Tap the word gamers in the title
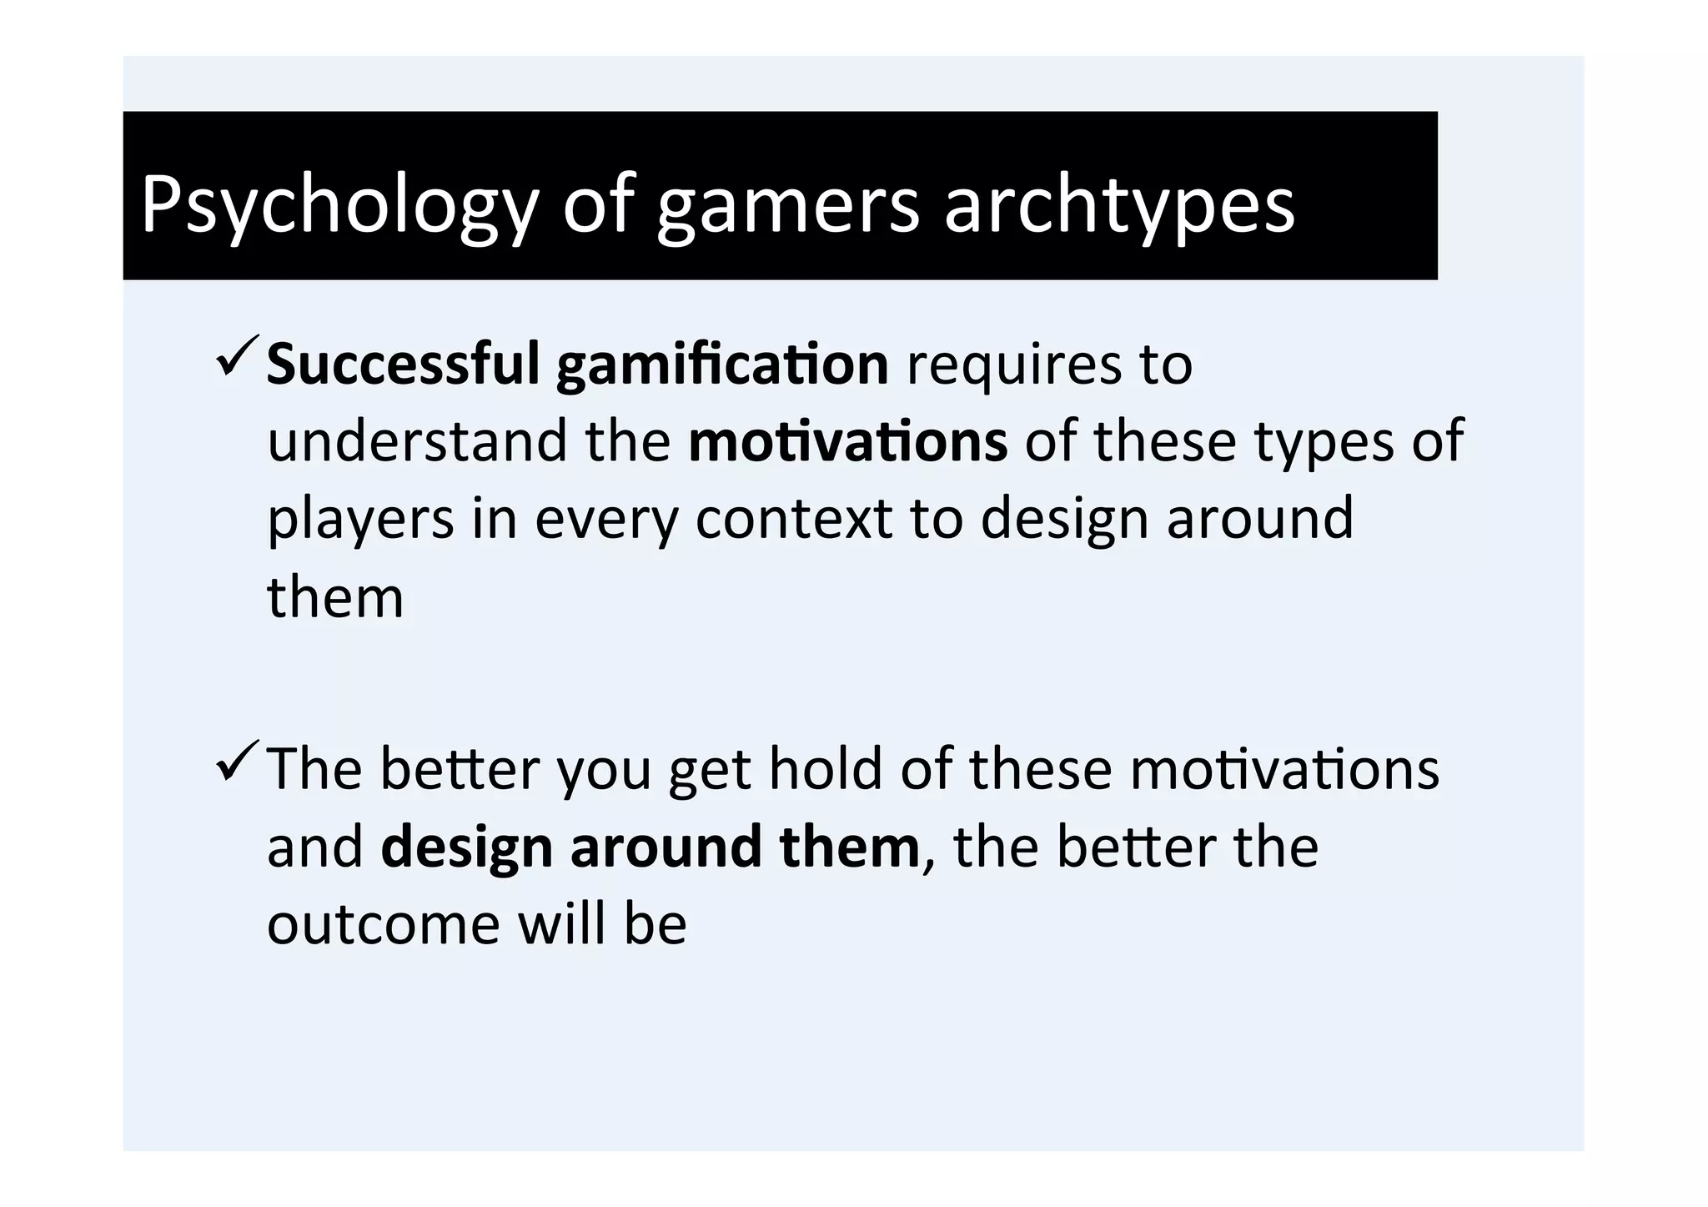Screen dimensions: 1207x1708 [x=788, y=204]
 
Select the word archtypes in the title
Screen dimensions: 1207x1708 [x=1119, y=204]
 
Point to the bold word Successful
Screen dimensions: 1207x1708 [x=404, y=365]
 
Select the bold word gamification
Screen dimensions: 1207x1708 [x=722, y=365]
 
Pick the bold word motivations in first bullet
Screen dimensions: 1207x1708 [x=847, y=441]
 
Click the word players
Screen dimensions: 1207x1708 [x=360, y=519]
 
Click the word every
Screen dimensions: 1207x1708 [x=606, y=519]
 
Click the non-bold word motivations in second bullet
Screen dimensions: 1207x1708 [x=1284, y=768]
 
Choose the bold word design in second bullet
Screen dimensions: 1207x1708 [x=466, y=846]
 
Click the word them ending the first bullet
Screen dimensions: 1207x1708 [x=335, y=596]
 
